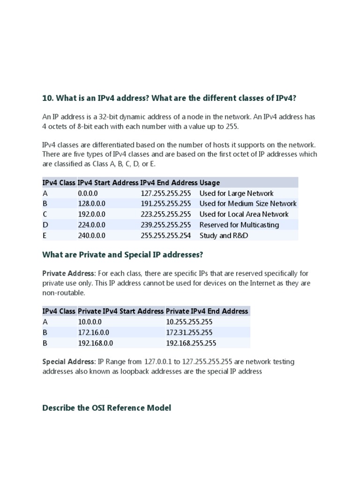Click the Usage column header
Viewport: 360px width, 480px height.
click(x=210, y=182)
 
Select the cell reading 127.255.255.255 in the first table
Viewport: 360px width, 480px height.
click(x=166, y=193)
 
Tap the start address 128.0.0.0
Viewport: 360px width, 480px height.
click(x=91, y=203)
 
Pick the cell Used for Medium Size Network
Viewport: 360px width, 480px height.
click(x=248, y=203)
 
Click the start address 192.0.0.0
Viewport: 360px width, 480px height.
click(x=91, y=214)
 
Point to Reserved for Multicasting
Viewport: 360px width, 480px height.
click(x=239, y=225)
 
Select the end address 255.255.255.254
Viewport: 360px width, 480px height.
click(x=166, y=235)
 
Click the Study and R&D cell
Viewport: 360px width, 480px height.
click(x=224, y=235)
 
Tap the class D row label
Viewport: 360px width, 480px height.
click(x=45, y=225)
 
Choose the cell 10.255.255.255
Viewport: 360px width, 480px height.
click(x=189, y=322)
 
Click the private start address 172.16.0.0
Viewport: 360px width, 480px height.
click(x=93, y=332)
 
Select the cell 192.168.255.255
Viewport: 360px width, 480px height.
click(x=191, y=343)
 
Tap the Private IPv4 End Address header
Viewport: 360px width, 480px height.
click(x=207, y=311)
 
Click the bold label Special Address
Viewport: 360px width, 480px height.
click(x=68, y=361)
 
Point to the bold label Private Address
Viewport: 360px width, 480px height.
click(x=68, y=273)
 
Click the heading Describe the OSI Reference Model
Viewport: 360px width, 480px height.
click(x=106, y=408)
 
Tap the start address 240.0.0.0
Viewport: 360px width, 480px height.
click(x=91, y=235)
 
